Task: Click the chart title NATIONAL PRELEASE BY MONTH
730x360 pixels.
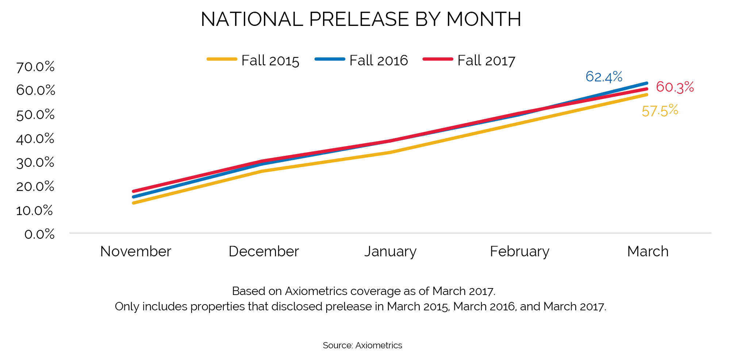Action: (x=361, y=19)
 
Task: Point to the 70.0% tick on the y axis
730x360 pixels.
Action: (x=35, y=67)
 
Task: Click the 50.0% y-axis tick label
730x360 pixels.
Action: (x=35, y=115)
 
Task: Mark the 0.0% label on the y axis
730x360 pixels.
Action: (x=39, y=234)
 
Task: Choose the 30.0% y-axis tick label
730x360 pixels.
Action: (x=35, y=162)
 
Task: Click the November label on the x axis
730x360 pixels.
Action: (x=135, y=252)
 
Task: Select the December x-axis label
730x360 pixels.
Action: (x=264, y=252)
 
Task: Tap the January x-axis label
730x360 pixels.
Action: (x=391, y=252)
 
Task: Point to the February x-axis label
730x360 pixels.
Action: (x=519, y=252)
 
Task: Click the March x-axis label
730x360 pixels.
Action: (x=648, y=252)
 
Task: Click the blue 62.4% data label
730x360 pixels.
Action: (x=604, y=77)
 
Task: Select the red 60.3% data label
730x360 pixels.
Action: (x=675, y=87)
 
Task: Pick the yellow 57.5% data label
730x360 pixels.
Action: (x=660, y=111)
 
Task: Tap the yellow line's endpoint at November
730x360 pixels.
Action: (x=134, y=203)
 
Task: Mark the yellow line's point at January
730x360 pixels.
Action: (x=391, y=152)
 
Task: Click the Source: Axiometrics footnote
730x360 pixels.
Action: (x=362, y=345)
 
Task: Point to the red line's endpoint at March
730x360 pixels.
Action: (x=646, y=89)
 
